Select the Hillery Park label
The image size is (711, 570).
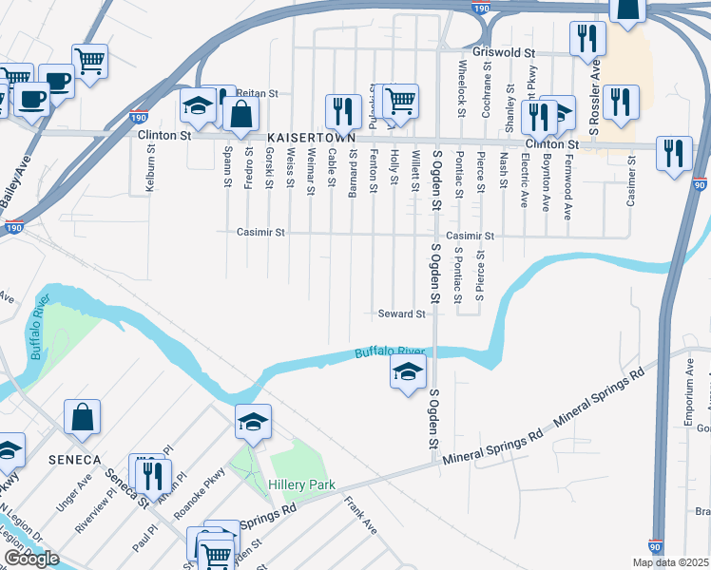[301, 484]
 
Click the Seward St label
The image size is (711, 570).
[400, 313]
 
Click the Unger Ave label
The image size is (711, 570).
[74, 494]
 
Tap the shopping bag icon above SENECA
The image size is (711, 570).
[83, 416]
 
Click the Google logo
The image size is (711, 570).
[32, 559]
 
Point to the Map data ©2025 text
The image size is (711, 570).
[671, 562]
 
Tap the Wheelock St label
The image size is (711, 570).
[462, 88]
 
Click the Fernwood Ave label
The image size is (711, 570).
[568, 195]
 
